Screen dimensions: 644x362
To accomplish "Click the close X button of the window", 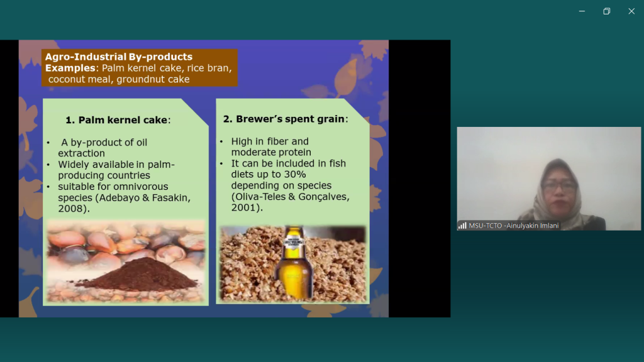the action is pyautogui.click(x=631, y=11).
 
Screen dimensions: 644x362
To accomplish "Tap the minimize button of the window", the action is pyautogui.click(x=582, y=11).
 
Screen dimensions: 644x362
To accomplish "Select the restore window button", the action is pyautogui.click(x=607, y=11).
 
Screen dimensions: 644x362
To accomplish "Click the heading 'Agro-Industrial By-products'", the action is pyautogui.click(x=119, y=57).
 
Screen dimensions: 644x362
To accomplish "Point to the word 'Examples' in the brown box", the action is pyautogui.click(x=70, y=68).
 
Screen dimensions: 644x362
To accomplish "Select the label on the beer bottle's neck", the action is pyautogui.click(x=293, y=243).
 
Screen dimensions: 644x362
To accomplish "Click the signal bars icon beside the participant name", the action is pyautogui.click(x=462, y=226).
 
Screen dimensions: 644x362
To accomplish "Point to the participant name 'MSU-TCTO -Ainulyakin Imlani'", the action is pyautogui.click(x=513, y=226).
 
